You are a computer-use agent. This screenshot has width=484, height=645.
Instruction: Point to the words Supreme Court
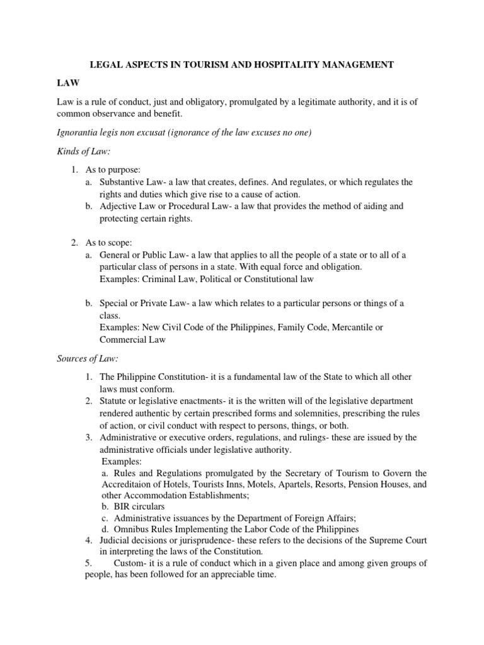click(x=397, y=540)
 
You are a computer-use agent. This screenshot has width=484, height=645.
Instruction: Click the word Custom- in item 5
click(x=130, y=563)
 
